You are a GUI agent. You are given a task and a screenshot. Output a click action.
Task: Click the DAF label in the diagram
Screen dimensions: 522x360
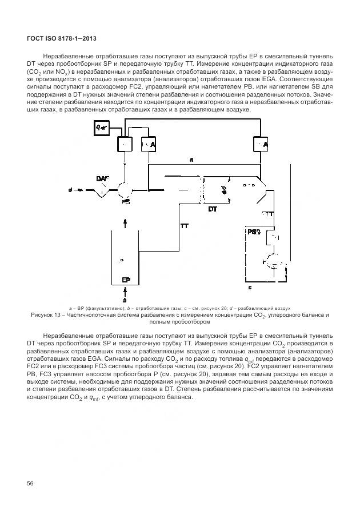(x=103, y=179)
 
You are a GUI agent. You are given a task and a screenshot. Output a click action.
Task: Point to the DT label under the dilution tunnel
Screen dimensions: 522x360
(x=212, y=210)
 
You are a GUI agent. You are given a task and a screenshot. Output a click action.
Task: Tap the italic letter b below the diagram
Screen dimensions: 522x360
(x=125, y=300)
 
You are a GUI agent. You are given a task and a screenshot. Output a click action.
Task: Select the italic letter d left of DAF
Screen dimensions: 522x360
(x=71, y=189)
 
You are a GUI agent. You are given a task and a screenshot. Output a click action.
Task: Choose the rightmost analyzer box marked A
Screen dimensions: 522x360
(x=262, y=146)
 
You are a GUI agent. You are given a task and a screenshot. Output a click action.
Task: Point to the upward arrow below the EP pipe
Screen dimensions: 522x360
(x=125, y=292)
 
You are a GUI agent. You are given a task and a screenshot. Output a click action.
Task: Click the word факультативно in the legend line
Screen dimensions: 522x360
(x=99, y=308)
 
